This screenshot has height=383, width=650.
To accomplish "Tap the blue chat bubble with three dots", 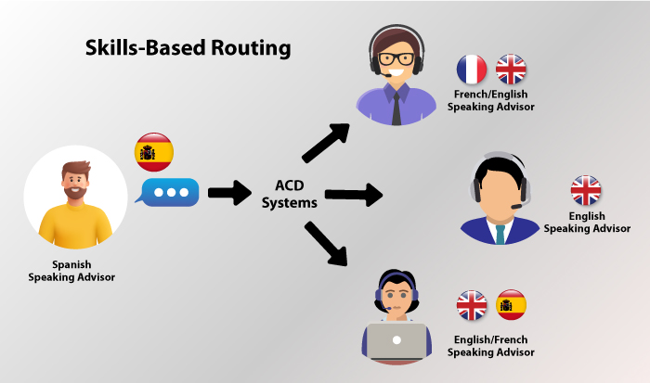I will [x=170, y=193].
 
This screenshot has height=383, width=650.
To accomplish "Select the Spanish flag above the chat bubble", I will [x=153, y=151].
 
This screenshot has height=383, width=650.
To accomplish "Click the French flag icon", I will [x=472, y=70].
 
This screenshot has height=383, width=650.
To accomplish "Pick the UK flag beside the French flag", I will [x=511, y=70].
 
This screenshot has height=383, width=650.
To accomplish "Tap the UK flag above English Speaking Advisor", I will [x=586, y=191].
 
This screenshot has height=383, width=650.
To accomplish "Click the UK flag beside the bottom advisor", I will [x=472, y=304].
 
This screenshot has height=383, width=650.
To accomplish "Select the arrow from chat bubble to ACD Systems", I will [x=229, y=193].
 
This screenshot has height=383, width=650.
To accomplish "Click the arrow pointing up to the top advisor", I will [x=326, y=140].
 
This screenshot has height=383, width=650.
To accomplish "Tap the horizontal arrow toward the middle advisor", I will [x=353, y=195].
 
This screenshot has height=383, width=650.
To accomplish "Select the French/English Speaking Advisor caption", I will [x=491, y=100].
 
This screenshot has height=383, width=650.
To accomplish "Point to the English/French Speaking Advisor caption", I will [x=491, y=346].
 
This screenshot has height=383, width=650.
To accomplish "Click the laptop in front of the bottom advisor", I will [x=397, y=341].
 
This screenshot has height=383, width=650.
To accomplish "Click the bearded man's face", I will [x=76, y=182].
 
